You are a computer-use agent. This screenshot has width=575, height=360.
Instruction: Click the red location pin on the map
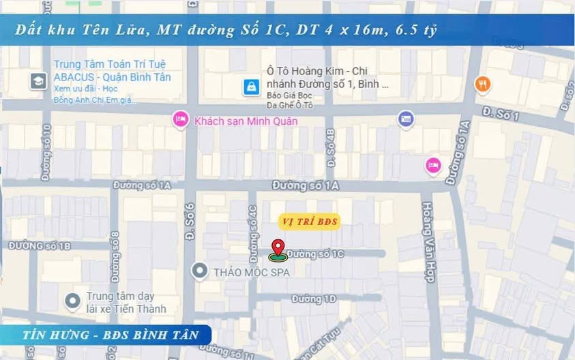pyautogui.click(x=277, y=248)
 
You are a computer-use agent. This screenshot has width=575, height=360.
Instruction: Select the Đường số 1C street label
pyautogui.click(x=315, y=254)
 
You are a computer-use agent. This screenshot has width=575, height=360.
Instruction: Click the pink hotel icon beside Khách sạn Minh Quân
pyautogui.click(x=181, y=119)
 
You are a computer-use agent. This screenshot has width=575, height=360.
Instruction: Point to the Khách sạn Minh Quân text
pyautogui.click(x=246, y=121)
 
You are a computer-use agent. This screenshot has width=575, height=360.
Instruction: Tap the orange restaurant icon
pyautogui.click(x=483, y=84)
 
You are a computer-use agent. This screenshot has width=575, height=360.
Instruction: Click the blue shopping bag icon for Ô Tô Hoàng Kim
pyautogui.click(x=252, y=87)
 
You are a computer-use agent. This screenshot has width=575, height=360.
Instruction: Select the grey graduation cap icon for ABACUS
pyautogui.click(x=38, y=81)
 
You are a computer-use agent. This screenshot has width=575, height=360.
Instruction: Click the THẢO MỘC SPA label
pyautogui.click(x=252, y=272)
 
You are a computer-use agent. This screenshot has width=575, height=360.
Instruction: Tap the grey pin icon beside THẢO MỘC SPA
pyautogui.click(x=199, y=271)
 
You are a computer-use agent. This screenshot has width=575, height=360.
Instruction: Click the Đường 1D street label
pyautogui.click(x=314, y=299)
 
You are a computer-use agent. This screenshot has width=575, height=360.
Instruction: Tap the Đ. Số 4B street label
pyautogui.click(x=331, y=148)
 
